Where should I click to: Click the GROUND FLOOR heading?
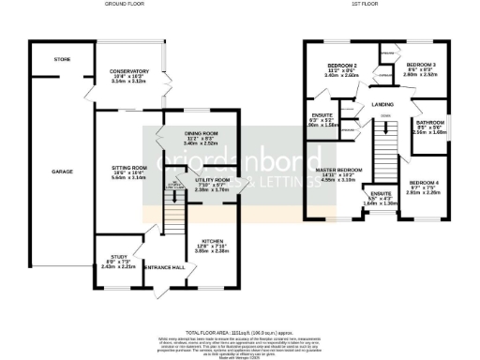pos(117,5)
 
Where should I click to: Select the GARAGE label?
pos(63,172)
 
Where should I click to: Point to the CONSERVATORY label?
pos(129,72)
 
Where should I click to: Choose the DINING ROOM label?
pos(200,134)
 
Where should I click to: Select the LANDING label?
pos(382,104)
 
